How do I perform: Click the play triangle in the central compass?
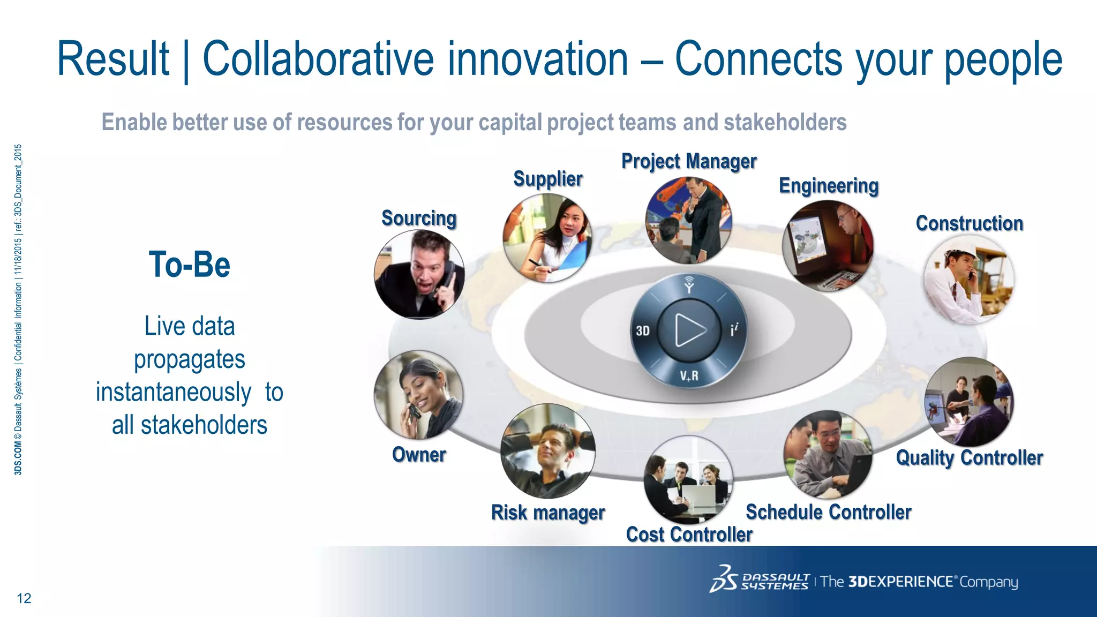click(x=690, y=330)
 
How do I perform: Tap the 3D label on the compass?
click(x=643, y=331)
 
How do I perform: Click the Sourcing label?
click(x=419, y=219)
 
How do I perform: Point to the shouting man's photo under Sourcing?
click(x=419, y=274)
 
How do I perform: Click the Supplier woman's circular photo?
click(x=547, y=238)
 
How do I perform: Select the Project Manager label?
click(x=689, y=161)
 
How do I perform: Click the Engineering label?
click(x=828, y=186)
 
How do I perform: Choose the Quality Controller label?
click(x=969, y=458)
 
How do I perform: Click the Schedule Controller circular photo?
click(x=828, y=454)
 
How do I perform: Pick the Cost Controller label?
click(x=689, y=535)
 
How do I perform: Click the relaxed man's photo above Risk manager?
click(x=547, y=450)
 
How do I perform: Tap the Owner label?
click(x=419, y=455)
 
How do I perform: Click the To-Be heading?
click(x=189, y=265)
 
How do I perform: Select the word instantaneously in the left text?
click(x=173, y=393)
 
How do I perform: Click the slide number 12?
click(x=24, y=598)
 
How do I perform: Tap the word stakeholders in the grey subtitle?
click(x=785, y=123)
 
